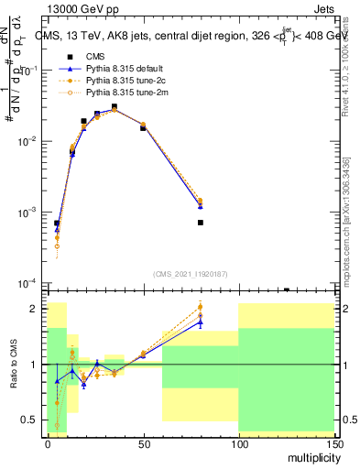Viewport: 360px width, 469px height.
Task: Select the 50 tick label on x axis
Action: click(143, 442)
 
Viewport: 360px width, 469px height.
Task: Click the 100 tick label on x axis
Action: click(238, 442)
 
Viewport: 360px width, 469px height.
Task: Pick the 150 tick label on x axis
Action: click(333, 442)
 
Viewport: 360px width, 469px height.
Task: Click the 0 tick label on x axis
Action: click(48, 442)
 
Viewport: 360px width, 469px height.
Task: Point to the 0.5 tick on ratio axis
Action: click(34, 420)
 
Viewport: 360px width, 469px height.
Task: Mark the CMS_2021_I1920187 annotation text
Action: click(191, 274)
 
